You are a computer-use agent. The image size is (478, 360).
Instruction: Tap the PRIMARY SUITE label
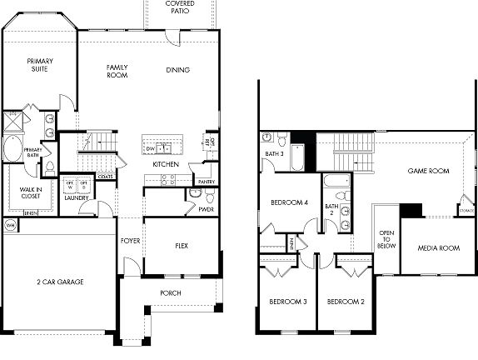(39, 65)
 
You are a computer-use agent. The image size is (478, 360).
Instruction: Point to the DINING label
(177, 70)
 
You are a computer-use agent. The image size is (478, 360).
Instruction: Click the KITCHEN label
(165, 164)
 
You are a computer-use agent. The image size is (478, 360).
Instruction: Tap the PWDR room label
(206, 210)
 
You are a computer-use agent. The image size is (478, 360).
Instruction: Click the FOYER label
(130, 241)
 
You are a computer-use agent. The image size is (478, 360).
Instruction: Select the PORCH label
(171, 293)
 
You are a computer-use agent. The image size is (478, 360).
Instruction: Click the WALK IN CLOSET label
(26, 192)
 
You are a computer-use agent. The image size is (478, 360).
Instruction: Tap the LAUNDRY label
(78, 197)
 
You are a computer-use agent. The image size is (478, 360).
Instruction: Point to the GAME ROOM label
(428, 171)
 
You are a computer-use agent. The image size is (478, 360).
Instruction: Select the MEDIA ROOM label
(438, 247)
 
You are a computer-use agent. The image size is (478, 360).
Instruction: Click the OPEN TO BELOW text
(386, 240)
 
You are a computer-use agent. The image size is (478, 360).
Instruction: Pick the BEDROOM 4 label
(290, 202)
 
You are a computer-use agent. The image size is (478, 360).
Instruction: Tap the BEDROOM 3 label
(286, 301)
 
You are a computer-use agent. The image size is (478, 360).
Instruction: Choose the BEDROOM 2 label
(345, 301)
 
